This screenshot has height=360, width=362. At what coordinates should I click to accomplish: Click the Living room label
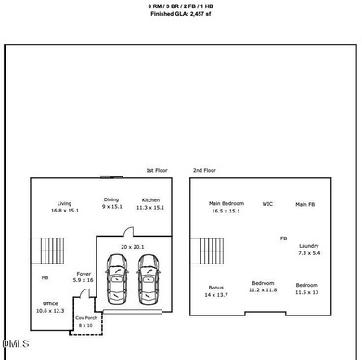pyautogui.click(x=64, y=203)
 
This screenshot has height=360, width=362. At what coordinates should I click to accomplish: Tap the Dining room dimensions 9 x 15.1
pyautogui.click(x=112, y=207)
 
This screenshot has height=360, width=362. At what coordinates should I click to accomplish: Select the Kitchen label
pyautogui.click(x=150, y=200)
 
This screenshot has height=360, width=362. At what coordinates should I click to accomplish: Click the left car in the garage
pyautogui.click(x=117, y=279)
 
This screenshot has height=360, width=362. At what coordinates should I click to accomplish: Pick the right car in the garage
pyautogui.click(x=149, y=279)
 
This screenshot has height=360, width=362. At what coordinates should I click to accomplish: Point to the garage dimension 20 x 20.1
pyautogui.click(x=133, y=247)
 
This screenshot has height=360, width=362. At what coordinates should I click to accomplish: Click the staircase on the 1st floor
pyautogui.click(x=47, y=251)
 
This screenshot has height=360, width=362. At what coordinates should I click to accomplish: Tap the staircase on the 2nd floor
pyautogui.click(x=207, y=251)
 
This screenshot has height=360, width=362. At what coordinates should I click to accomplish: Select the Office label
pyautogui.click(x=50, y=303)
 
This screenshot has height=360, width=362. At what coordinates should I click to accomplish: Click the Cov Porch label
pyautogui.click(x=86, y=318)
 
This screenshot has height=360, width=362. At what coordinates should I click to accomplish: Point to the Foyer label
pyautogui.click(x=84, y=274)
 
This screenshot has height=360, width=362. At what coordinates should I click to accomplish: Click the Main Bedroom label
pyautogui.click(x=226, y=203)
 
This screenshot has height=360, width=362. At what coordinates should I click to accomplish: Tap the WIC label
pyautogui.click(x=267, y=204)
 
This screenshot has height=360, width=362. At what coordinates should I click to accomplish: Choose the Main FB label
pyautogui.click(x=305, y=204)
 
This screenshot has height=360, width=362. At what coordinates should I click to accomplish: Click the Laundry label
pyautogui.click(x=309, y=246)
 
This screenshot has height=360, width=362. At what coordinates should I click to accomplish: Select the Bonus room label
pyautogui.click(x=216, y=288)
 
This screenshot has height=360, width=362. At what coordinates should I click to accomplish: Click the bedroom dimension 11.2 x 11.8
pyautogui.click(x=263, y=290)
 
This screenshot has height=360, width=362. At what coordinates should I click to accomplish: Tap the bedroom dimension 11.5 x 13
pyautogui.click(x=306, y=292)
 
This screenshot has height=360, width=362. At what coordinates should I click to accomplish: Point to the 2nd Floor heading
pyautogui.click(x=204, y=170)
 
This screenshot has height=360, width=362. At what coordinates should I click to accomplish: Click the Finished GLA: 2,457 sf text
pyautogui.click(x=181, y=14)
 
